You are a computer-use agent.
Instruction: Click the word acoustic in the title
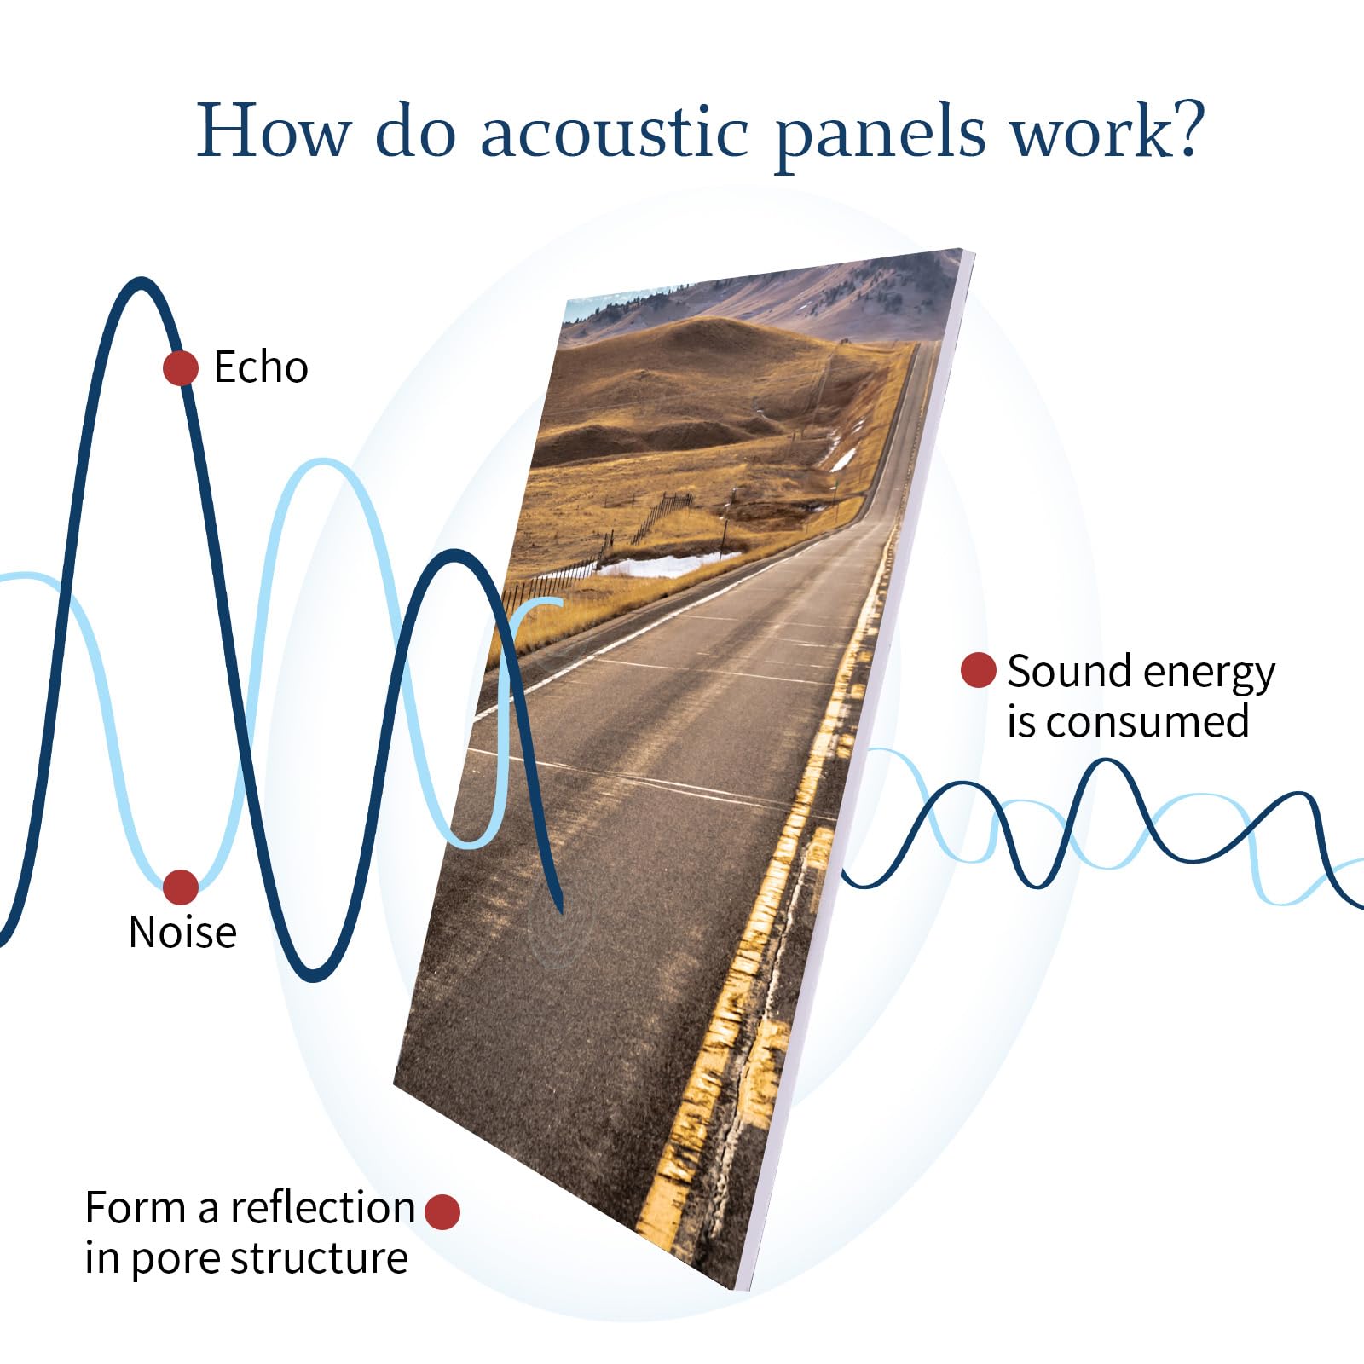coord(614,132)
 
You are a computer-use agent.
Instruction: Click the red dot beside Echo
coord(181,368)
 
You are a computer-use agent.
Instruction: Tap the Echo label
coord(260,367)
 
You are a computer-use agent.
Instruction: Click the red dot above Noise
coord(181,887)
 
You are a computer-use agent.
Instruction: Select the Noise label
coord(182,932)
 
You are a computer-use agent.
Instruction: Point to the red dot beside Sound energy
coord(978,670)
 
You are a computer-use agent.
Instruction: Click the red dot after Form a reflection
coord(442,1211)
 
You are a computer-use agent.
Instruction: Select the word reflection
coord(321,1208)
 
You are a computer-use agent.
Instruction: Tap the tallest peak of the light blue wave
coord(324,464)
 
